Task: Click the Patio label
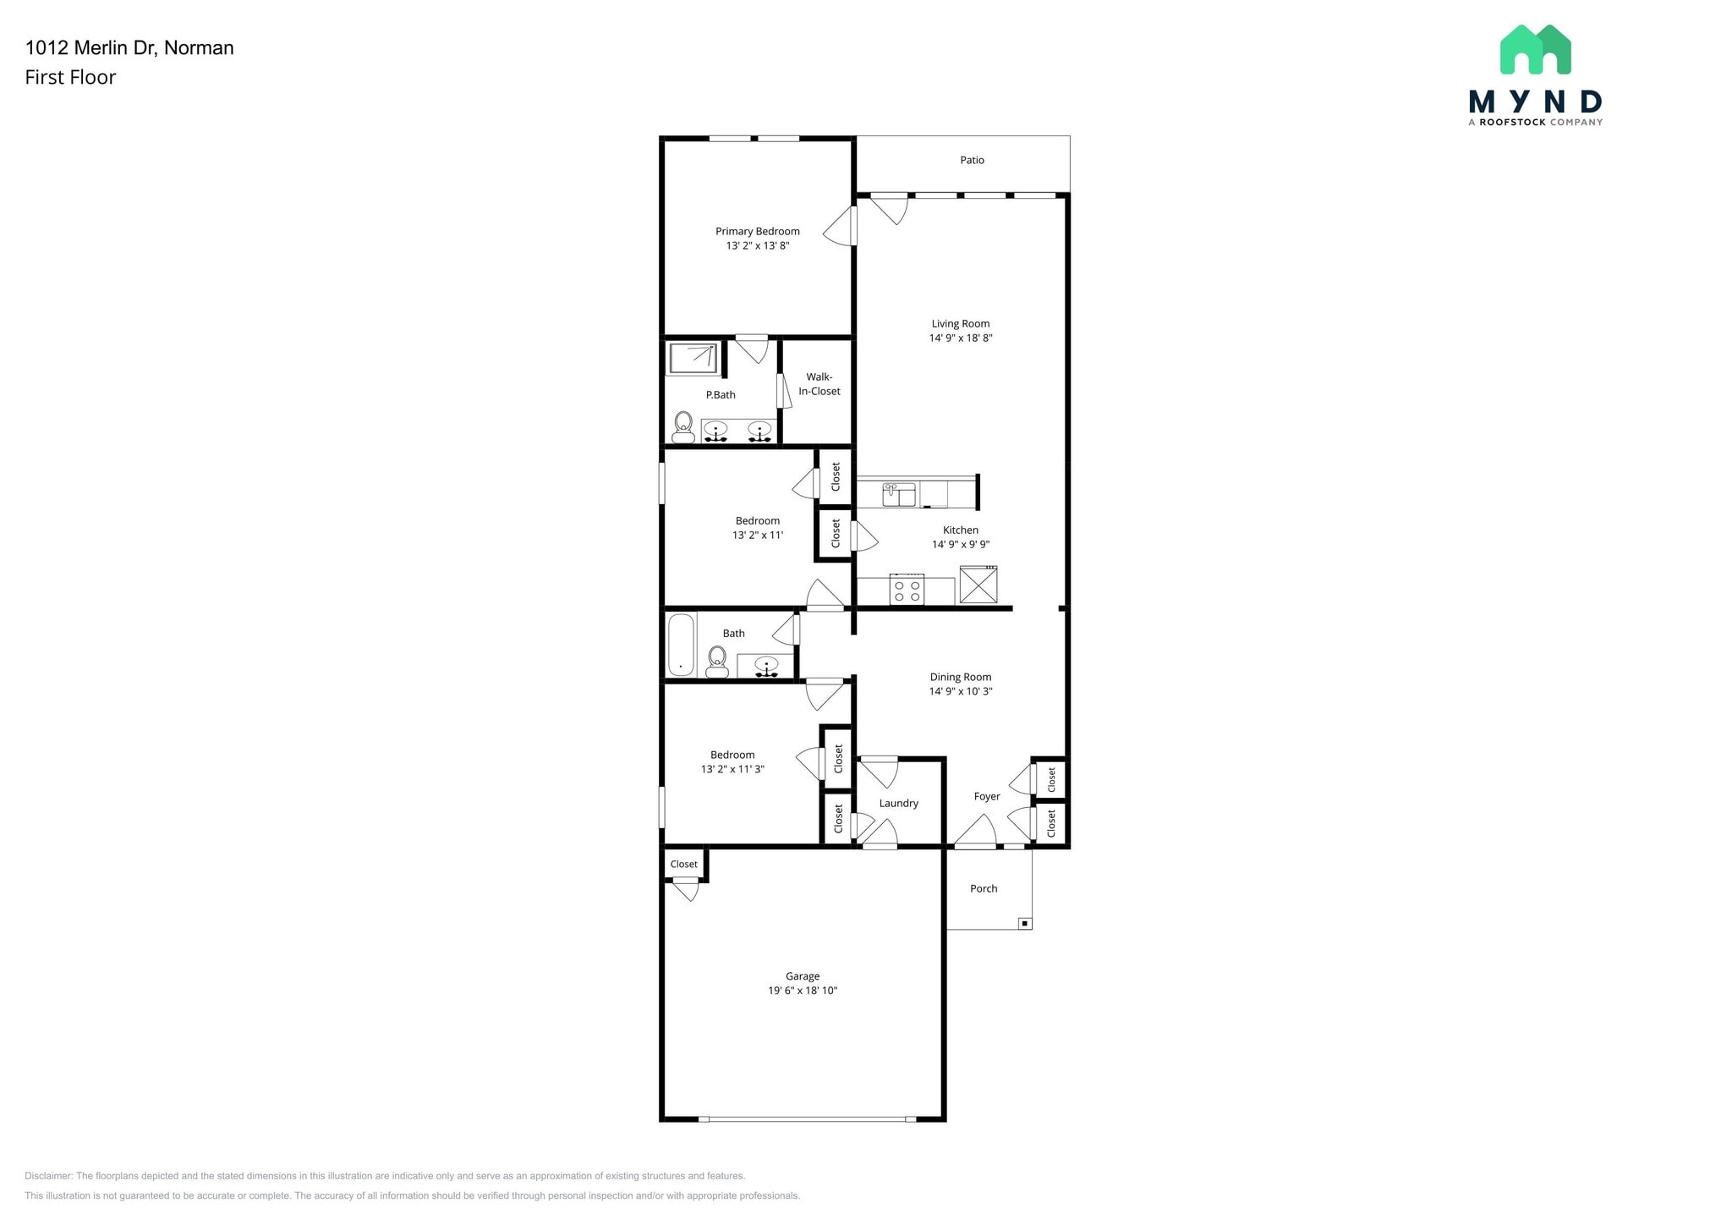coord(972,160)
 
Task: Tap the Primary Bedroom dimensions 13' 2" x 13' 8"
coord(757,246)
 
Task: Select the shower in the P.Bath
coord(693,358)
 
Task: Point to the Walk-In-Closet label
coord(819,384)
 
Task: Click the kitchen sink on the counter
coord(898,494)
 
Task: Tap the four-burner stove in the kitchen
coord(907,590)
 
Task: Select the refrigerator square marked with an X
coord(978,585)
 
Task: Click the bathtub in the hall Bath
coord(681,645)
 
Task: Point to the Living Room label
coord(960,324)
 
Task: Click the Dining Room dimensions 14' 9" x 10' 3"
coord(961,691)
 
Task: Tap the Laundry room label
coord(898,804)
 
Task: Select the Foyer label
coord(986,797)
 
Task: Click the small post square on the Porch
coord(1024,923)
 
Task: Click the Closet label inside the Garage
coord(683,865)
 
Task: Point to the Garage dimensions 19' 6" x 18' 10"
coord(802,991)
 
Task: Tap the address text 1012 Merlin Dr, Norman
coord(129,48)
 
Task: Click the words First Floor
coord(70,78)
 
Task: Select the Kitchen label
coord(960,530)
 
